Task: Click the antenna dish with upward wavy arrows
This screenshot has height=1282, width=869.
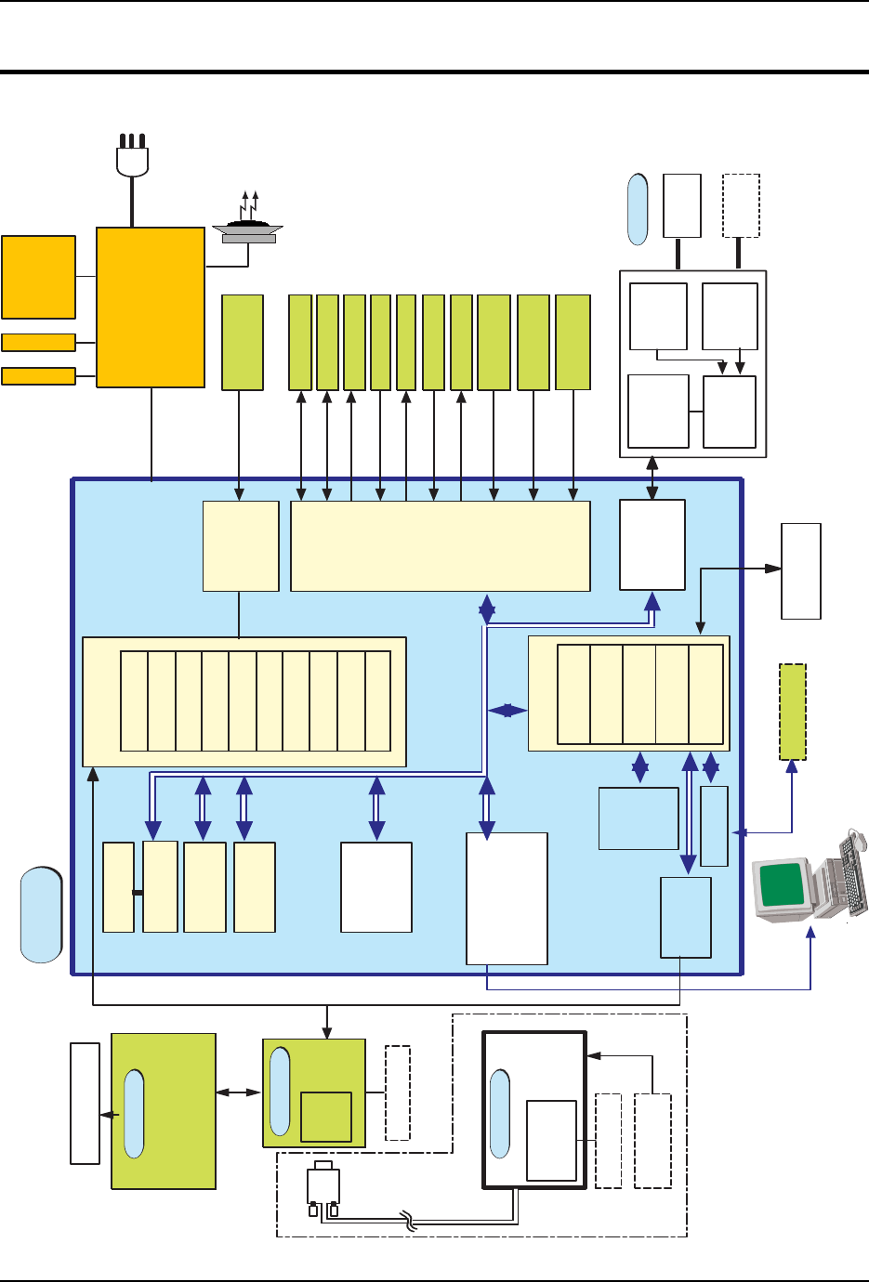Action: pyautogui.click(x=247, y=227)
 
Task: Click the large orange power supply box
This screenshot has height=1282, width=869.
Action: pyautogui.click(x=151, y=307)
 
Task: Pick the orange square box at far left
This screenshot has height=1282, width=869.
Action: pyautogui.click(x=38, y=277)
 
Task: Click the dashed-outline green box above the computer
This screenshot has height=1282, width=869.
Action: pyautogui.click(x=793, y=712)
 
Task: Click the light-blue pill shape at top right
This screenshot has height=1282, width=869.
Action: pyautogui.click(x=638, y=210)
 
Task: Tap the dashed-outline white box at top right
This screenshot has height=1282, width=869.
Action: pyautogui.click(x=741, y=205)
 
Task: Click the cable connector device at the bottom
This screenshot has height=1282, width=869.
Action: pyautogui.click(x=323, y=1188)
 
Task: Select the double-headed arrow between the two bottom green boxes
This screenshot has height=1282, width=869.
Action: pyautogui.click(x=239, y=1092)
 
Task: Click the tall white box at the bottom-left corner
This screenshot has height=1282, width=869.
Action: pyautogui.click(x=85, y=1103)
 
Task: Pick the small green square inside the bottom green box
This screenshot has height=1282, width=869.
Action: pyautogui.click(x=326, y=1117)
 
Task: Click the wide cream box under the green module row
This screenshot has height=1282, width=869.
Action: pyautogui.click(x=441, y=546)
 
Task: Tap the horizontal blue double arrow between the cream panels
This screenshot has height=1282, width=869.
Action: pyautogui.click(x=507, y=711)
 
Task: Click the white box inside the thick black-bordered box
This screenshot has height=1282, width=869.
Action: pyautogui.click(x=551, y=1140)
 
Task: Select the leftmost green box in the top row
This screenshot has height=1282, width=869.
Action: pyautogui.click(x=243, y=343)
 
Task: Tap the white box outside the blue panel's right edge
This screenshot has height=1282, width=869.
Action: pyautogui.click(x=801, y=571)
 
